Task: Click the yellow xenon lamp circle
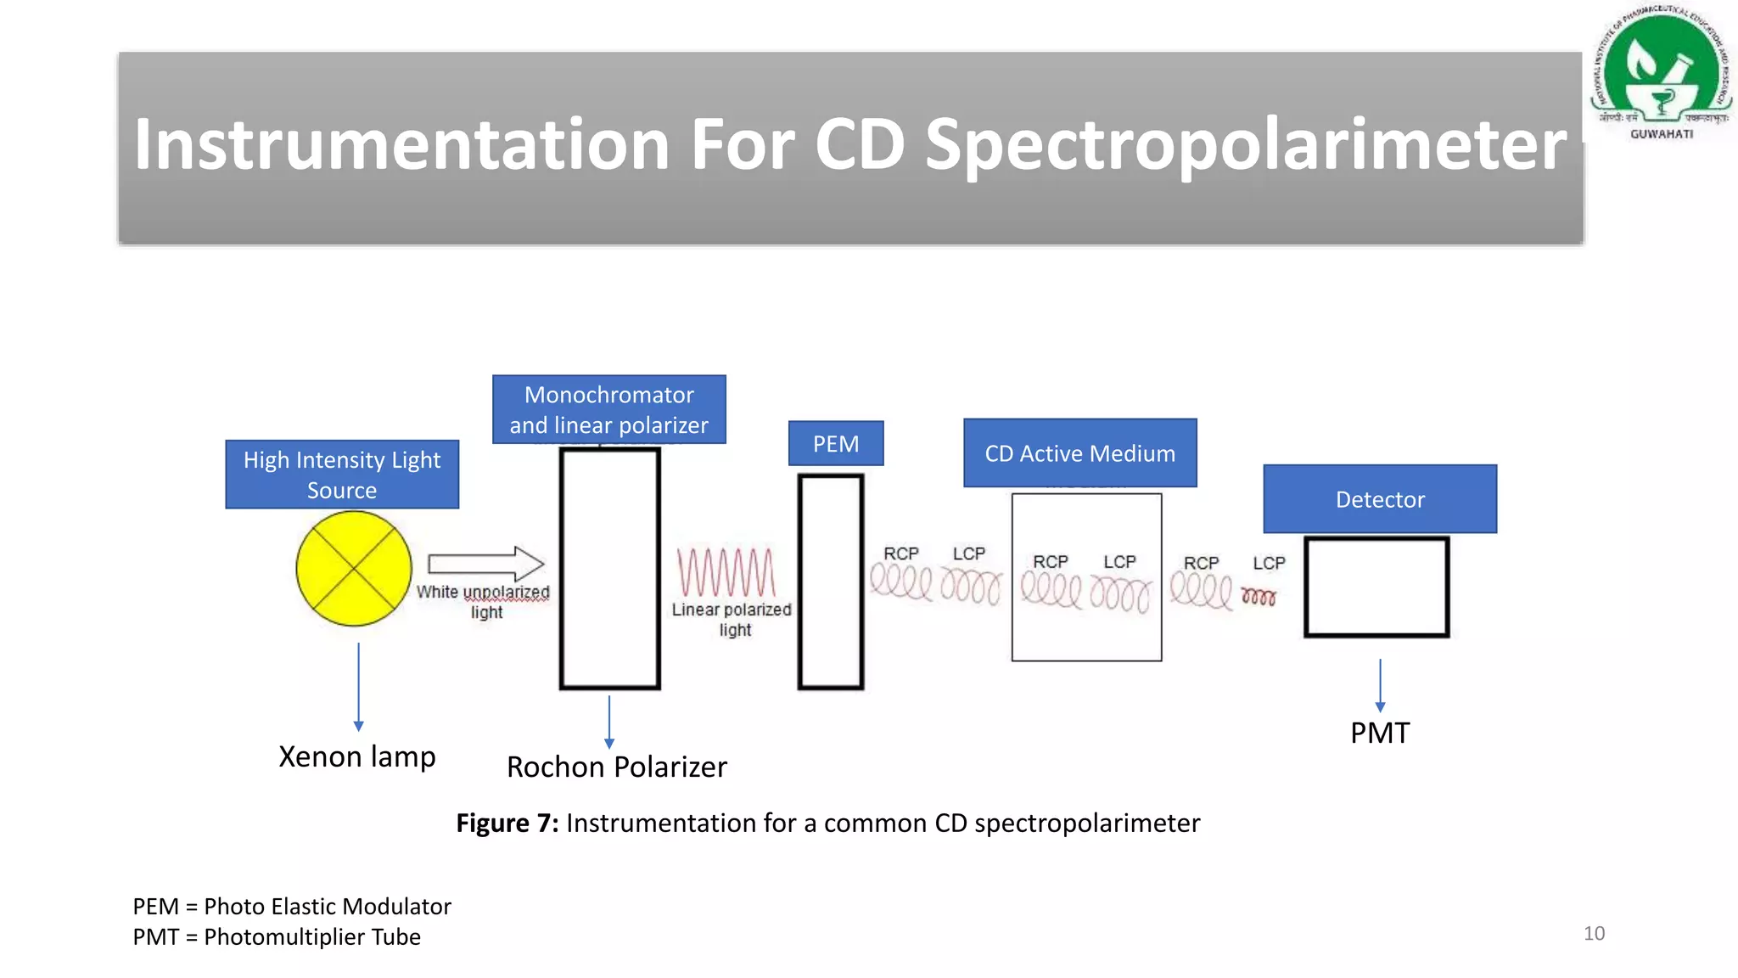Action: [354, 569]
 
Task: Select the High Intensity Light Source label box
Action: [342, 475]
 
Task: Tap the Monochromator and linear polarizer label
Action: [608, 410]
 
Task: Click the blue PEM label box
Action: [836, 444]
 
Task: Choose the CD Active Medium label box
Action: [1079, 453]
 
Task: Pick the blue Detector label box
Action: [1380, 499]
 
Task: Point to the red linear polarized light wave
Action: [726, 572]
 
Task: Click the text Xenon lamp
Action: [357, 756]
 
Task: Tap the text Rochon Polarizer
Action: [617, 767]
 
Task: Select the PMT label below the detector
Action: [1380, 733]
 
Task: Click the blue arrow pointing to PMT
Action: [1380, 685]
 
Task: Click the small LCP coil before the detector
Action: [1259, 598]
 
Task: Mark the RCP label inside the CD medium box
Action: [1050, 562]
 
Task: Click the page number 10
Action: [1594, 934]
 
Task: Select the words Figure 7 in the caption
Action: [507, 823]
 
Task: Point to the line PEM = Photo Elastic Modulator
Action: [292, 907]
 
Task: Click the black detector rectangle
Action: [1376, 587]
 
